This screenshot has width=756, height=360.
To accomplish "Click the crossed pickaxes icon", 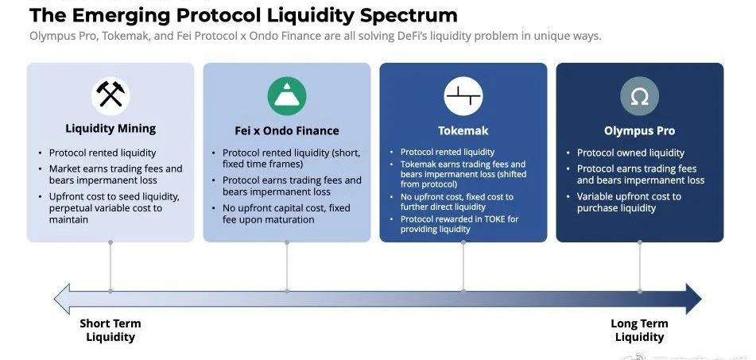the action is [110, 94].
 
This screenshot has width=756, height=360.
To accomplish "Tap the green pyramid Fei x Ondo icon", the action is [287, 96].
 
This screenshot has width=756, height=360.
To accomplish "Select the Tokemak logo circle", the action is [463, 96].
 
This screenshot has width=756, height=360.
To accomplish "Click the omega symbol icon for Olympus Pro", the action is [640, 96].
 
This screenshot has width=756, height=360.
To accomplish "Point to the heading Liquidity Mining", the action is [110, 129].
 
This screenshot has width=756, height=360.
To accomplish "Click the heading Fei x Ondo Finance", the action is [287, 130].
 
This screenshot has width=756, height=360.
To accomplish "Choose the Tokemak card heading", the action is [463, 130].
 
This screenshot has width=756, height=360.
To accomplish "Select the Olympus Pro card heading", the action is [639, 130].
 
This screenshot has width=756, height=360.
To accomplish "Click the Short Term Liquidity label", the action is [110, 330].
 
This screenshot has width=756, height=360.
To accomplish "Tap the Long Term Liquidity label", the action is [639, 330].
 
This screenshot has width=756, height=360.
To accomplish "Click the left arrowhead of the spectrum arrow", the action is [62, 299].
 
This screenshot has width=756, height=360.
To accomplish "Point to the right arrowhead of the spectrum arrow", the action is [693, 299].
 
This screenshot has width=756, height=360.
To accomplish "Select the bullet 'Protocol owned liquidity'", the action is [630, 153].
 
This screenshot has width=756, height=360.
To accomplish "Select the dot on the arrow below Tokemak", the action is [463, 291].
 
